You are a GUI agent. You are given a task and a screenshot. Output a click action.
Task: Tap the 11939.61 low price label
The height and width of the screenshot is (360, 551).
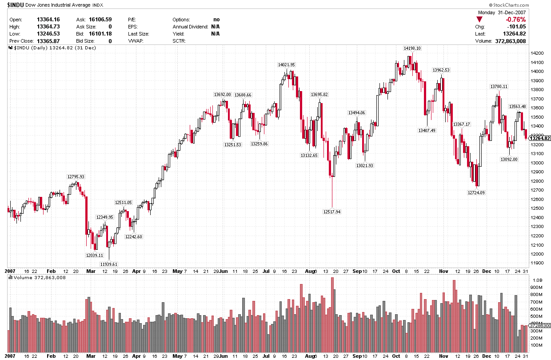pos(109,264)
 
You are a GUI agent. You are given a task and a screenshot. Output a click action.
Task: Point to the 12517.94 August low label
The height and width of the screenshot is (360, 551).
pos(331,212)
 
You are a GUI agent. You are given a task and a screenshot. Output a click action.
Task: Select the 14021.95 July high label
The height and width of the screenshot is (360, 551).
pos(286,65)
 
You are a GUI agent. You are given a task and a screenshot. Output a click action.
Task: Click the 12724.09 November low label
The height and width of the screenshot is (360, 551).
pos(476,192)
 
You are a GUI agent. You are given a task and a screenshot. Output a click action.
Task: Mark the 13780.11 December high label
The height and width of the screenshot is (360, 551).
pos(499,86)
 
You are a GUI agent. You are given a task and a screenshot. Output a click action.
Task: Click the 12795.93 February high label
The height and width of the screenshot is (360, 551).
pos(76,176)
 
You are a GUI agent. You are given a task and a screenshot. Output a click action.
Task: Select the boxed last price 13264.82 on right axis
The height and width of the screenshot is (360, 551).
pos(541,138)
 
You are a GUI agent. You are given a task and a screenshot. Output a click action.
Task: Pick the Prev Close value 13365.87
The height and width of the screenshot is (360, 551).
pos(48,41)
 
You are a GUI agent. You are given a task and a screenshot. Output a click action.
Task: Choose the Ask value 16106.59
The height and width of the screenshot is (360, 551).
pos(100,20)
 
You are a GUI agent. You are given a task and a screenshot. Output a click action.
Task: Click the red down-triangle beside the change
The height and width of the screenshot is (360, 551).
pos(479,20)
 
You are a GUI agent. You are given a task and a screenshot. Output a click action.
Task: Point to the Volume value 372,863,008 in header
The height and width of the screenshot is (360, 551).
pos(509,41)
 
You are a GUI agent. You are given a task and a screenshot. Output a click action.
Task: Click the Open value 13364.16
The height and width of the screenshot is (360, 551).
pos(48,20)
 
